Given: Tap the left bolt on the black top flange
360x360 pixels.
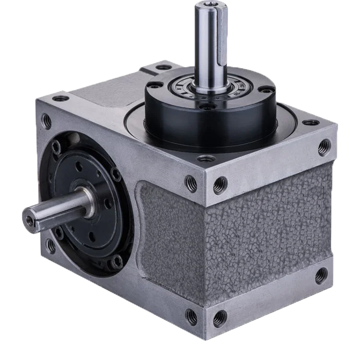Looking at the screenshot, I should (155, 85).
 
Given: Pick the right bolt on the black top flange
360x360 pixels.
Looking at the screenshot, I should (267, 89).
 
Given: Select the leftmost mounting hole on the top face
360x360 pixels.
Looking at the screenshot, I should (61, 98).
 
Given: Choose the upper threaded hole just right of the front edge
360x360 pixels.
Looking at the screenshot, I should (220, 185).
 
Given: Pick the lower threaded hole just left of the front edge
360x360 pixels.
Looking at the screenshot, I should (191, 316).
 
